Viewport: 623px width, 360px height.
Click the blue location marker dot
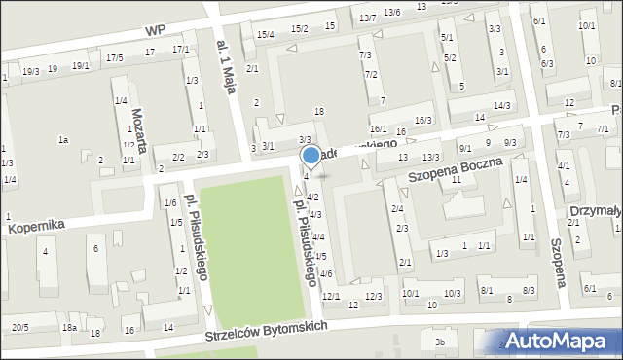[311, 155]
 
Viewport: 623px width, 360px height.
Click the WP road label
[152, 30]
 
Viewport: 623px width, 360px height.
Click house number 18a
[69, 328]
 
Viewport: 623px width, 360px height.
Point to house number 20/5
[19, 327]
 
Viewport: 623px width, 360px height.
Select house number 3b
[440, 342]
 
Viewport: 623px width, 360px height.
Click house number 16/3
[423, 120]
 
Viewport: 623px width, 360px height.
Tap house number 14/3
[501, 105]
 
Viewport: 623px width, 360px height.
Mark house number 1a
[63, 140]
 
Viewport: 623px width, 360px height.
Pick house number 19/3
[30, 70]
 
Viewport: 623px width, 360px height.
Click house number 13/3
[431, 158]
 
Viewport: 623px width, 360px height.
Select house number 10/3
[452, 293]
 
